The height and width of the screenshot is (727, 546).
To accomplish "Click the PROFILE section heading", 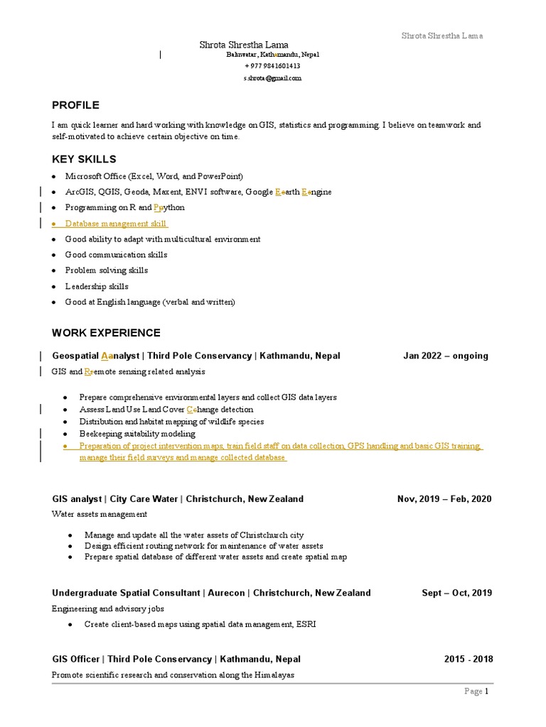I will [75, 105].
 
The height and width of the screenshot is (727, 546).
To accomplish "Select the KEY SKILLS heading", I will [84, 159].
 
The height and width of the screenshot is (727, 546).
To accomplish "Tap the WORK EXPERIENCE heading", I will [106, 333].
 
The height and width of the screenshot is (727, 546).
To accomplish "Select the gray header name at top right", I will [442, 35].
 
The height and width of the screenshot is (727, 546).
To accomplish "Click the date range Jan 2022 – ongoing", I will [446, 356].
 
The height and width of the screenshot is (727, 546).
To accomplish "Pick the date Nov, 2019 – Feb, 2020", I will [444, 499].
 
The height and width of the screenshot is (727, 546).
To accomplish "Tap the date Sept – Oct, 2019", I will [456, 593].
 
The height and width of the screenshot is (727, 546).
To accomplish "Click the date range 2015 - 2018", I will [469, 659].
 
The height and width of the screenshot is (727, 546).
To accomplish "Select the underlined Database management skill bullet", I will [116, 224].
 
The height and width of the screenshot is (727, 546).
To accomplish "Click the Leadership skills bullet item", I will [97, 286].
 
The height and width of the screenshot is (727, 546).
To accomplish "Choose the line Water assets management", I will [100, 514].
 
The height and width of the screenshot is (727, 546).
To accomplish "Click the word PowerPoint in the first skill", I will [219, 176].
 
